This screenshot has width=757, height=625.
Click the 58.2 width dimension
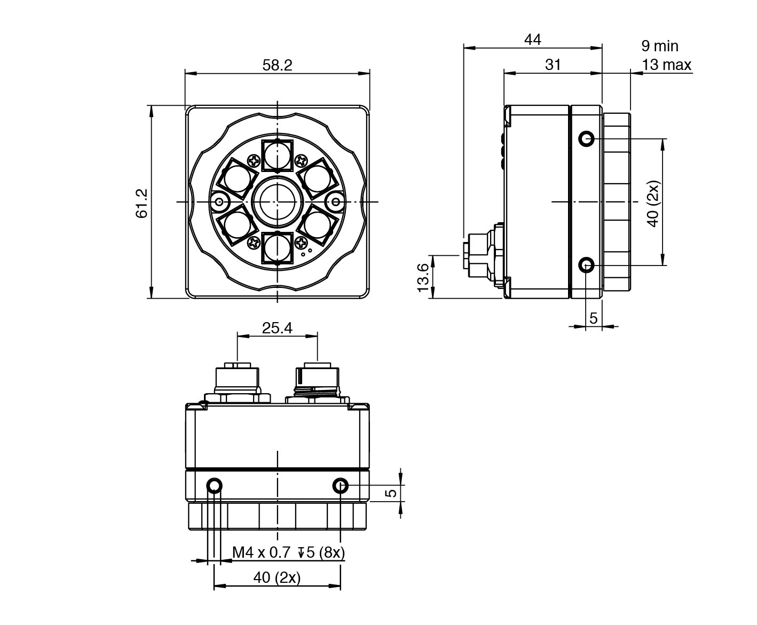277,65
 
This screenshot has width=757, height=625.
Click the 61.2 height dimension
142,202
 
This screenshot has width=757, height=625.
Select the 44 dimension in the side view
532,40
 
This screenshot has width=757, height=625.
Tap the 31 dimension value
553,65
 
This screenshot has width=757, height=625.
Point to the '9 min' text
659,46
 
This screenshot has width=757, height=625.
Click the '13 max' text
666,65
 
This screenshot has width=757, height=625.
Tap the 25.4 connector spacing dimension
277,328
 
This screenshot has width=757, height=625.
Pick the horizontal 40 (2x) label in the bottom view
277,577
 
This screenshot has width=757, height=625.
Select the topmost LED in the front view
277,154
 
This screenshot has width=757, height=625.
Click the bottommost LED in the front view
277,249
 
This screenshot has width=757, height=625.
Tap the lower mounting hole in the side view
587,264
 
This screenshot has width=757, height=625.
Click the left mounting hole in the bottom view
215,486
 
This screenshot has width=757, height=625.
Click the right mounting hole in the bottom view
341,486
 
